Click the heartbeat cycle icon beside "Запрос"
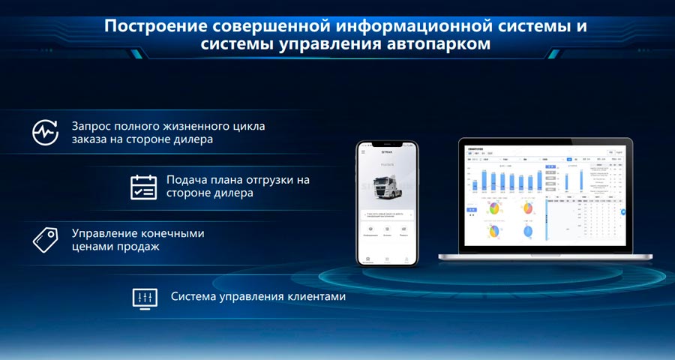(x=45, y=132)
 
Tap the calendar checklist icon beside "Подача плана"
(x=143, y=186)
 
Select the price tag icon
(x=45, y=239)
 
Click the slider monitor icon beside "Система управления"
(x=145, y=297)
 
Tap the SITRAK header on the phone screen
(x=387, y=151)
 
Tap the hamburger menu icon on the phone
(x=364, y=151)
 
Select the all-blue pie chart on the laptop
(x=527, y=232)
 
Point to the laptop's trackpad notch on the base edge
(x=545, y=254)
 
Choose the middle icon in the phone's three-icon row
(x=387, y=228)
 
